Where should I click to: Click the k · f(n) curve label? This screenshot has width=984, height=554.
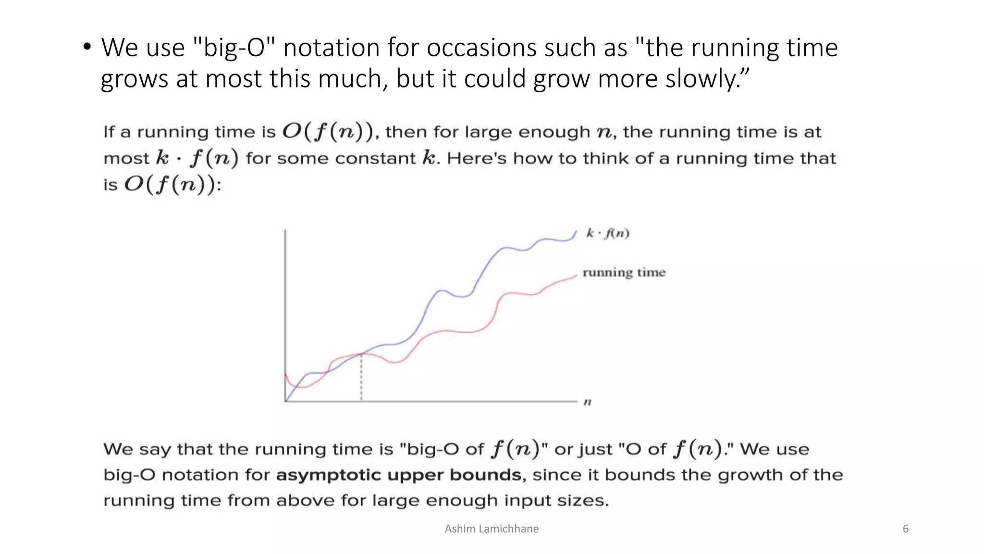point(607,234)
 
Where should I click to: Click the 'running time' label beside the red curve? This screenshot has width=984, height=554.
point(624,273)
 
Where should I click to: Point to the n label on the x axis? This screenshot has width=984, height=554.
point(587,402)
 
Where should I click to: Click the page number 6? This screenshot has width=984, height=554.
point(906,529)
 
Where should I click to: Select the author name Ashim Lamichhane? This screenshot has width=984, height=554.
point(492,529)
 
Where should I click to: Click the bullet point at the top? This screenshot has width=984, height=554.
point(87,47)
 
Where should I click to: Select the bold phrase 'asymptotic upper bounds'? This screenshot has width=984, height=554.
point(399,475)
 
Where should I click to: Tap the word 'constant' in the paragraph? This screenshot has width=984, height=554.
point(375,159)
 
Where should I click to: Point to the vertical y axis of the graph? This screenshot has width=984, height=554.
point(285,313)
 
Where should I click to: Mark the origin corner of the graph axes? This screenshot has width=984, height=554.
point(286,401)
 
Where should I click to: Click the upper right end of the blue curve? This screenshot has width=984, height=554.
point(575,232)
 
